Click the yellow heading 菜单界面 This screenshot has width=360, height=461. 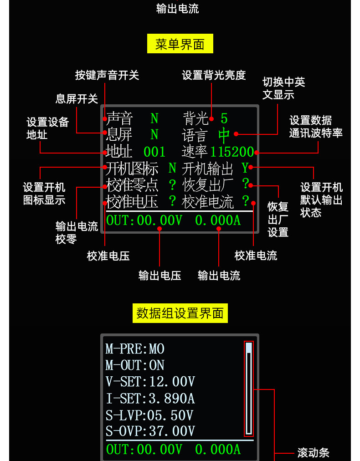(180, 44)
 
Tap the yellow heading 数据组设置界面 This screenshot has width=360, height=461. (180, 313)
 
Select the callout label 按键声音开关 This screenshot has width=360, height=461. (107, 75)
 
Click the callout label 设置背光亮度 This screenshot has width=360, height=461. (214, 75)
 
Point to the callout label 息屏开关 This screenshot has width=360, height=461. (77, 99)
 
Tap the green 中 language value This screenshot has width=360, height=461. (224, 135)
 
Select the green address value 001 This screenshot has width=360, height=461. (154, 152)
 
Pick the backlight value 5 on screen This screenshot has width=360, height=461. (224, 118)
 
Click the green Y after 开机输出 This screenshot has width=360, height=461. (245, 168)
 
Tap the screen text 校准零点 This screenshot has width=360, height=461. (132, 185)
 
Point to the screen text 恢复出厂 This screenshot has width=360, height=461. (207, 185)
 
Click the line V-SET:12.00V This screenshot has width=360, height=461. (150, 382)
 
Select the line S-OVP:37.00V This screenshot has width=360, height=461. (150, 431)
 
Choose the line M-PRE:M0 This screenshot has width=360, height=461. (135, 349)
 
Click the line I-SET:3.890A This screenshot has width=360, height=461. (150, 399)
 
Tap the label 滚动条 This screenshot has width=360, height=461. (313, 453)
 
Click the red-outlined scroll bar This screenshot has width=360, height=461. (249, 389)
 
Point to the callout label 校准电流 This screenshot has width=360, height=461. (256, 256)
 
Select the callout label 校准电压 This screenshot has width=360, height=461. (108, 256)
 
